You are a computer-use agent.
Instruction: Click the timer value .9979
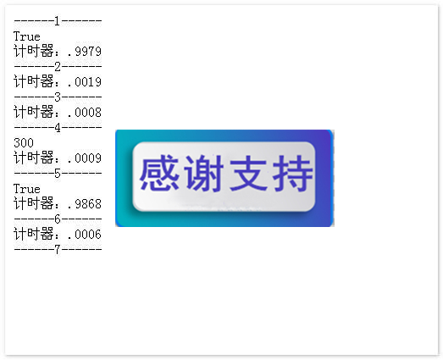pyautogui.click(x=85, y=52)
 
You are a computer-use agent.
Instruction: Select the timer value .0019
pyautogui.click(x=85, y=82)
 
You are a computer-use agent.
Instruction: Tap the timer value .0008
pyautogui.click(x=85, y=113)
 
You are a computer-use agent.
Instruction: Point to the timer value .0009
pyautogui.click(x=85, y=158)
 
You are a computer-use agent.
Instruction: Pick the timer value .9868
pyautogui.click(x=85, y=204)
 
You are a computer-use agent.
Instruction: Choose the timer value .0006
pyautogui.click(x=85, y=235)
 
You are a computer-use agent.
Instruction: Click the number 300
pyautogui.click(x=24, y=143)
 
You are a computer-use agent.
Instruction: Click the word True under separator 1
pyautogui.click(x=27, y=36)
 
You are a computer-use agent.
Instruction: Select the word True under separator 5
pyautogui.click(x=27, y=189)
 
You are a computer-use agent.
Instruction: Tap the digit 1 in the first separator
pyautogui.click(x=58, y=21)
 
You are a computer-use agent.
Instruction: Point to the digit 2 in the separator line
pyautogui.click(x=58, y=67)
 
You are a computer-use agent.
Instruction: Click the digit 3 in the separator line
pyautogui.click(x=58, y=97)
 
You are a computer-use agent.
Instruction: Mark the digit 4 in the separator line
pyautogui.click(x=58, y=128)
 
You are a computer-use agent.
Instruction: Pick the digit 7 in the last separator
pyautogui.click(x=58, y=250)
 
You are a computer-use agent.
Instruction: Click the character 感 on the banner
pyautogui.click(x=159, y=173)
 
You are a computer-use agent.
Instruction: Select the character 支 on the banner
pyautogui.click(x=248, y=173)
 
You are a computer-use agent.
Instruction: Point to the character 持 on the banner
pyautogui.click(x=293, y=173)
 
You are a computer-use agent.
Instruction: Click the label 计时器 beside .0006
pyautogui.click(x=34, y=235)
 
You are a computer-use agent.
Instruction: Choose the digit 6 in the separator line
pyautogui.click(x=58, y=219)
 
